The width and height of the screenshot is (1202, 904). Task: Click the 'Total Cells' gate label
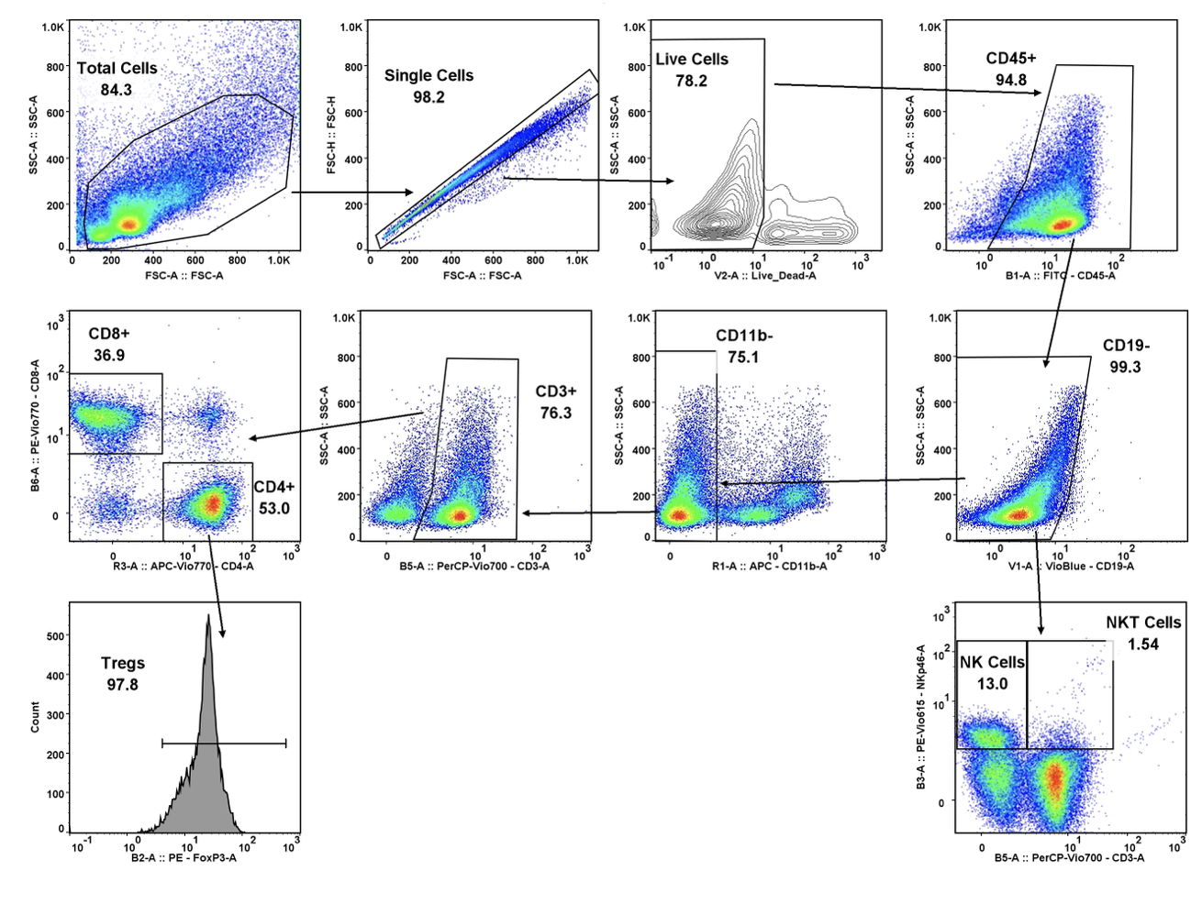(117, 68)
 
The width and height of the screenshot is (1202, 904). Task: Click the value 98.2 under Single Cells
(428, 97)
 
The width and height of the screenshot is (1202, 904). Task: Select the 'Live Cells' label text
(691, 59)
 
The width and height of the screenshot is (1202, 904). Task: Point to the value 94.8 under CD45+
(1010, 80)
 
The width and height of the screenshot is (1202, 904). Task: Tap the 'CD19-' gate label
(1126, 346)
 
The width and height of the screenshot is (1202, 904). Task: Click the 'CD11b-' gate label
(744, 336)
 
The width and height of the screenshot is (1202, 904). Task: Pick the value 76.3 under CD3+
(555, 413)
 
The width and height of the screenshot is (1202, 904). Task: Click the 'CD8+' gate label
(109, 333)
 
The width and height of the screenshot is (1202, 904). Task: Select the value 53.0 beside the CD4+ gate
(273, 508)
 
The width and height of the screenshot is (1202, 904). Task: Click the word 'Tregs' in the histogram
(122, 663)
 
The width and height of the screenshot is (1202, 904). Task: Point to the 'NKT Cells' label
(1142, 623)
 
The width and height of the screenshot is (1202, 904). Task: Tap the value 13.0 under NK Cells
(992, 684)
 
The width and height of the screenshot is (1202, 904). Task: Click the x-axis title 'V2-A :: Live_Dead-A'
(764, 275)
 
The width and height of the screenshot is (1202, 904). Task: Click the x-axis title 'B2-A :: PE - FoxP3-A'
(184, 857)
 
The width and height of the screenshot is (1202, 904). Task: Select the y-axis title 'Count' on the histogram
(35, 716)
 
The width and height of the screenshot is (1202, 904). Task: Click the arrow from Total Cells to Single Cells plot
(352, 193)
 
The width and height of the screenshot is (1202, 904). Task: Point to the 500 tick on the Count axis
(55, 635)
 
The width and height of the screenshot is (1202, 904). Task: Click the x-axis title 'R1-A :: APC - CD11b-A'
(769, 566)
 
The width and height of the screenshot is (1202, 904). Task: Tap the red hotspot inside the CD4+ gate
(212, 502)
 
